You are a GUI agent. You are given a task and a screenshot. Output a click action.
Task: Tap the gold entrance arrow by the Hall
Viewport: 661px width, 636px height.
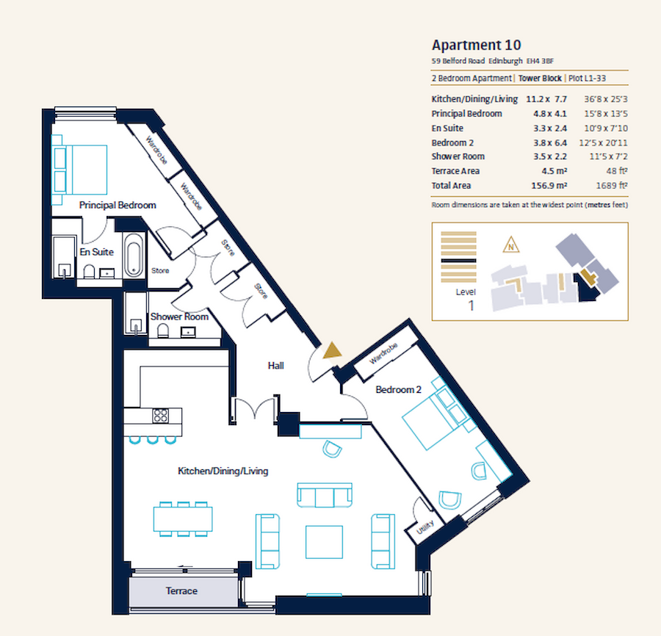(333, 351)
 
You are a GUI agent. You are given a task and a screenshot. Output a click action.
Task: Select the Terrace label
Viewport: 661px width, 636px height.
(181, 590)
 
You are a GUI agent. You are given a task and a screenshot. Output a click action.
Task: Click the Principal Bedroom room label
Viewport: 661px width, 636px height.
(118, 206)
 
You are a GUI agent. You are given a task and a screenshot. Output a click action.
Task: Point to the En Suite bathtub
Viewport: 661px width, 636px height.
(134, 256)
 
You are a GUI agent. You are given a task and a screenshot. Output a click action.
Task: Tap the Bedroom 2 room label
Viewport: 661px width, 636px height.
(398, 390)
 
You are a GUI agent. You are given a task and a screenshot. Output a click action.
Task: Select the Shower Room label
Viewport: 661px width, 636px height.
(179, 317)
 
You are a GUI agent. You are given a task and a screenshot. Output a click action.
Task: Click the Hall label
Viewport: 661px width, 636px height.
(275, 366)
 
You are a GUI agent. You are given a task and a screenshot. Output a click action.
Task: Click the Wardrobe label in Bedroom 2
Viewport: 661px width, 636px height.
(383, 354)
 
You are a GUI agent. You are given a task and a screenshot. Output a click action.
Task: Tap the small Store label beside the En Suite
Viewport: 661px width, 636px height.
(160, 271)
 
